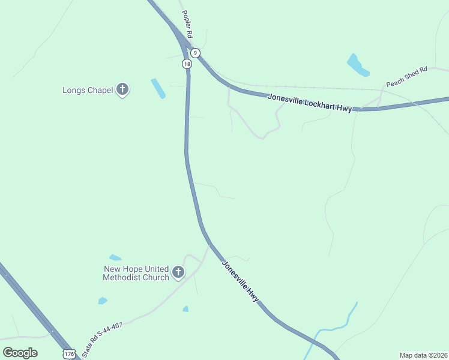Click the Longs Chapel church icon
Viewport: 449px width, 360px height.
[x=122, y=90]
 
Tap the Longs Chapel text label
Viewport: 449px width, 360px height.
[x=88, y=91]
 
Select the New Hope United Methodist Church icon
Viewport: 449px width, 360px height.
[x=178, y=272]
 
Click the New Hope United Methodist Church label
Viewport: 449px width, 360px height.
[x=136, y=273]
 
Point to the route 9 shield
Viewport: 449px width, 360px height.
[x=195, y=53]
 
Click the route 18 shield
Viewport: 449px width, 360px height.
[x=187, y=64]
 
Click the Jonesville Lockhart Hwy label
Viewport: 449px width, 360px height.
[x=310, y=102]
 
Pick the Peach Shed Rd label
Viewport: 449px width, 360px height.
[x=406, y=76]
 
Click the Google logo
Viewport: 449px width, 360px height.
[x=20, y=352]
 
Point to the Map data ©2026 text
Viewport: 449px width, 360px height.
[x=423, y=355]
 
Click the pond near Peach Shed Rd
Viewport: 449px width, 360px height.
[x=358, y=65]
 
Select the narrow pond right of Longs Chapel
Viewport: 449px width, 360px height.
[x=158, y=88]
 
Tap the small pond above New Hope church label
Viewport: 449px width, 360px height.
[x=115, y=257]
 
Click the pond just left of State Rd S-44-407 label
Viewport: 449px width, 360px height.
[x=103, y=301]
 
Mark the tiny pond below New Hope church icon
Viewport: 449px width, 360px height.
[x=185, y=309]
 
